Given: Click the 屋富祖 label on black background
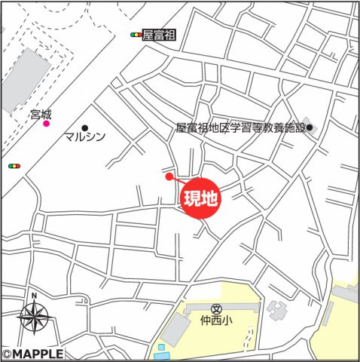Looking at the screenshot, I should point(159,35).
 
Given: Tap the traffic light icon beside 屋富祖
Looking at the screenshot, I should point(136,35).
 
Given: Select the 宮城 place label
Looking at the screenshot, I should point(41,114).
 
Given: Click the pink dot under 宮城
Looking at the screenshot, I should point(46,124).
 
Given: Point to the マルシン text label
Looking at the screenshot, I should point(84,138).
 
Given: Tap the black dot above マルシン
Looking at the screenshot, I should point(84,127).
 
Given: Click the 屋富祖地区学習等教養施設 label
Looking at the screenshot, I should point(240,127).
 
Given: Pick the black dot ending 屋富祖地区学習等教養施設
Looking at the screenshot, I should point(310,127).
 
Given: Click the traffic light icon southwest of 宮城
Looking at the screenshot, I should point(14,166).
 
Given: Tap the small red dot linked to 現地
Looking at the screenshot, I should point(169,177).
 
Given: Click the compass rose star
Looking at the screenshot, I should point(34,316).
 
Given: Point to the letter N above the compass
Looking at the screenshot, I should point(34,296).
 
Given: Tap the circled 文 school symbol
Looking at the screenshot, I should point(216,308).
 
